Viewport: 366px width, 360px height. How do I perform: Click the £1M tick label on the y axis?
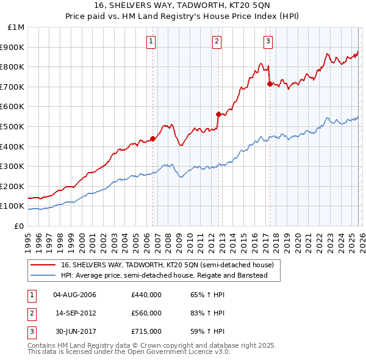click(x=16, y=27)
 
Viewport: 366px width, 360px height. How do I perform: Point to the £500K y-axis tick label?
click(x=13, y=126)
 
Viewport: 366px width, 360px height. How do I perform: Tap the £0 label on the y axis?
click(x=20, y=226)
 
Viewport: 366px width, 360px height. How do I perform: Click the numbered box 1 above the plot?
click(x=151, y=41)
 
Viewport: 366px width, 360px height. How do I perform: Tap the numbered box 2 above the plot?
click(x=217, y=41)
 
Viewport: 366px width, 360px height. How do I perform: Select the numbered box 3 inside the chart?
click(x=268, y=41)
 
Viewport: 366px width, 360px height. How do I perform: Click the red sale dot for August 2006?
click(x=152, y=139)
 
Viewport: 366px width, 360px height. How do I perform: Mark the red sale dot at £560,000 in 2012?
click(x=218, y=114)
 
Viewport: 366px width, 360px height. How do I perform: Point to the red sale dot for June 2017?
click(x=270, y=84)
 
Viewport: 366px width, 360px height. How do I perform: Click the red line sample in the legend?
click(x=43, y=265)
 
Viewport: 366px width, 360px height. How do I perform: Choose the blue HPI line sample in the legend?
click(x=43, y=276)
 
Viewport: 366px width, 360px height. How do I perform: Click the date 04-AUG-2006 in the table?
click(x=75, y=295)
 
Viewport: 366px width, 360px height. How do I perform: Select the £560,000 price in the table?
click(x=146, y=313)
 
